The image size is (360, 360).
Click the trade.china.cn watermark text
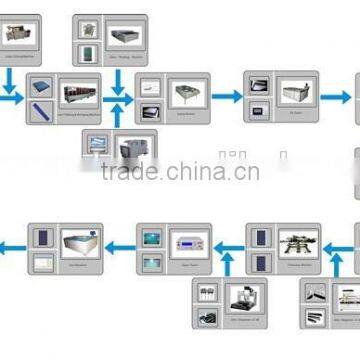180,171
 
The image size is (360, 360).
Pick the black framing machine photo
296,245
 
